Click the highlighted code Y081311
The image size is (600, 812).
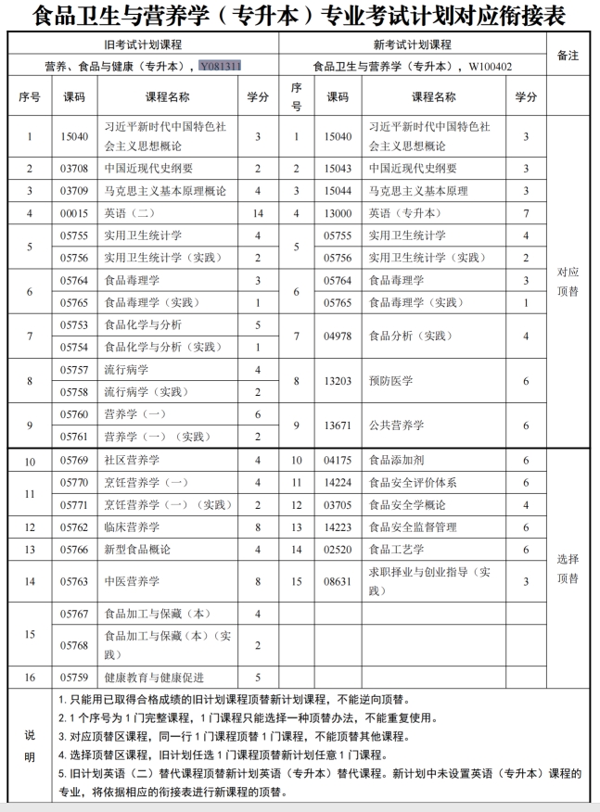tap(226, 67)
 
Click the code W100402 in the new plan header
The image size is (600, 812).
tap(491, 67)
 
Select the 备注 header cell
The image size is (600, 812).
tap(567, 56)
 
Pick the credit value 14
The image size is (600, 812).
tap(258, 213)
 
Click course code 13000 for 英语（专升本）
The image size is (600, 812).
tap(338, 213)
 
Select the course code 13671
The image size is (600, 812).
tap(338, 425)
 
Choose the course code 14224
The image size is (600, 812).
tap(338, 482)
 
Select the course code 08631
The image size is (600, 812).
tap(338, 581)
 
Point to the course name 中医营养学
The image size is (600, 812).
tap(133, 581)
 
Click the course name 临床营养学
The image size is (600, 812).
tap(133, 527)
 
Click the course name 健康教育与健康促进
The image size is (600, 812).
tap(155, 678)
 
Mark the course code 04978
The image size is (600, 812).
tap(338, 336)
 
